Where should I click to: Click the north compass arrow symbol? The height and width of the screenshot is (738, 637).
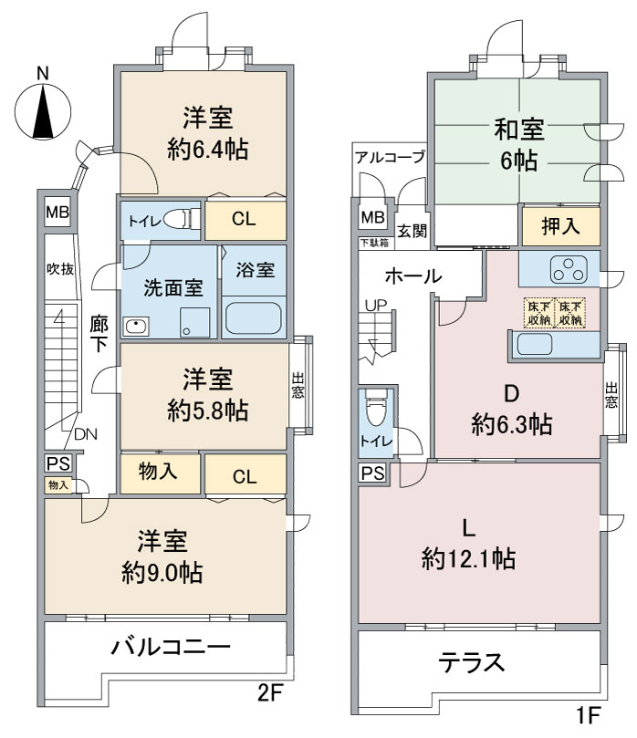(40, 110)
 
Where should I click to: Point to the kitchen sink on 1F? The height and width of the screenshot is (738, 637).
(534, 345)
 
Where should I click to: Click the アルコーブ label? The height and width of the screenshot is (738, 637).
(391, 157)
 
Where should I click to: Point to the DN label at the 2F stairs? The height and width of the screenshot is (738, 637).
(86, 434)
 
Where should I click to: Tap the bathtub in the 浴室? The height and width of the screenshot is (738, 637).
(254, 318)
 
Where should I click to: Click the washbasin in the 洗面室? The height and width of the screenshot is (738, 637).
(137, 326)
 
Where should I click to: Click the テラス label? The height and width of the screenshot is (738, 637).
(472, 662)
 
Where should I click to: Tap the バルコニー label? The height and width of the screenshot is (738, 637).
(171, 649)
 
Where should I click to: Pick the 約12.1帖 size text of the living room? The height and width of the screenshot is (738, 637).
(469, 556)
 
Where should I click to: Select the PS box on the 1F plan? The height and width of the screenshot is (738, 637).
(371, 473)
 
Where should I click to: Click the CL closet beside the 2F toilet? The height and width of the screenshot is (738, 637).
(244, 220)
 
